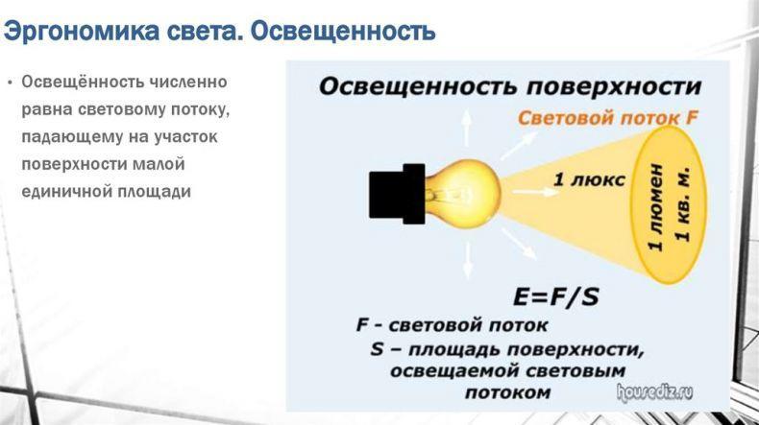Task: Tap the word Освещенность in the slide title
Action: (343, 32)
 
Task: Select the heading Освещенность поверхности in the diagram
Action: (510, 87)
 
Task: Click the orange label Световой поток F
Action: (608, 118)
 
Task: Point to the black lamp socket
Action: (397, 194)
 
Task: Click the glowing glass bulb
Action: (462, 194)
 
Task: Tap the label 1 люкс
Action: (589, 179)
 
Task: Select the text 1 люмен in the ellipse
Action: (655, 207)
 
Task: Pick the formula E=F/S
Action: (555, 296)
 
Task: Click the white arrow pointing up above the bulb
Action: (466, 128)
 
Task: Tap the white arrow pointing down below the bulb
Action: (468, 261)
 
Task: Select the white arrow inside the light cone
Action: (534, 192)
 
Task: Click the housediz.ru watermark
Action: (654, 392)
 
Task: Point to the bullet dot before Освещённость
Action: (10, 82)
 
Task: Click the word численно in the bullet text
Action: (187, 82)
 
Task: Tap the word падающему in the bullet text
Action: (72, 137)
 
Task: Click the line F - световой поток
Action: (453, 325)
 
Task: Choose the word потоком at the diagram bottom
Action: (508, 392)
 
